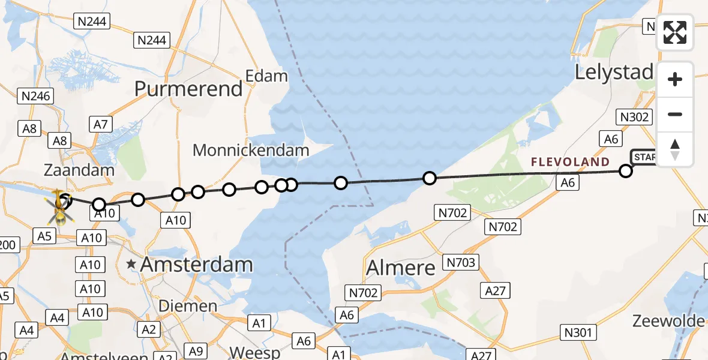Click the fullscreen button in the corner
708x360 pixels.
point(675,32)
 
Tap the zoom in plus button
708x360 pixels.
point(675,79)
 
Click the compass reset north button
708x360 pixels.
point(675,149)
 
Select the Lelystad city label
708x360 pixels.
point(614,73)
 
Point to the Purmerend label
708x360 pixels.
point(188,89)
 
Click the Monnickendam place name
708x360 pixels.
point(251,150)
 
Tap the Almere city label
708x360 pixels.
point(401,267)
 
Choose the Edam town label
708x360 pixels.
point(267,76)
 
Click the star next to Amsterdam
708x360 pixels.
point(131,264)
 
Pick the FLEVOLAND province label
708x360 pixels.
point(570,162)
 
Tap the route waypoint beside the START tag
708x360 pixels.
point(626,171)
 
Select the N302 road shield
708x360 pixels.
point(633,116)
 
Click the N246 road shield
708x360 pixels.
point(36,95)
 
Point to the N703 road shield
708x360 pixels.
point(461,262)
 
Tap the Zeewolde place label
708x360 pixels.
point(668,321)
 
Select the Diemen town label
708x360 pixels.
point(188,306)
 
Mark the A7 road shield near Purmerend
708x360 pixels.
point(100,124)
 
